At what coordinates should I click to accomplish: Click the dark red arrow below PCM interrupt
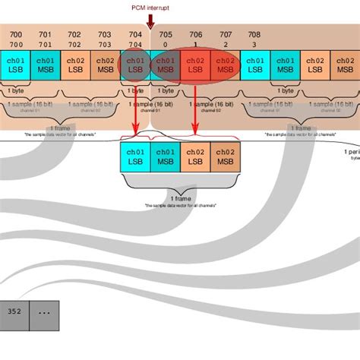[x=150, y=21]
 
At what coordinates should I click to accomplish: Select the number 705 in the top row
[x=166, y=35]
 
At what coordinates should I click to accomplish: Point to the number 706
[x=196, y=35]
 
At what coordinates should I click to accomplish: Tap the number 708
[x=254, y=35]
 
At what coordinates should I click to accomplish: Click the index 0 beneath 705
[x=166, y=45]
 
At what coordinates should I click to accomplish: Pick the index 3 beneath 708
[x=254, y=45]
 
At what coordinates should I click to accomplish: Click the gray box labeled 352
[x=14, y=311]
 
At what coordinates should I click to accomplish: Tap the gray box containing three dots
[x=43, y=311]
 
